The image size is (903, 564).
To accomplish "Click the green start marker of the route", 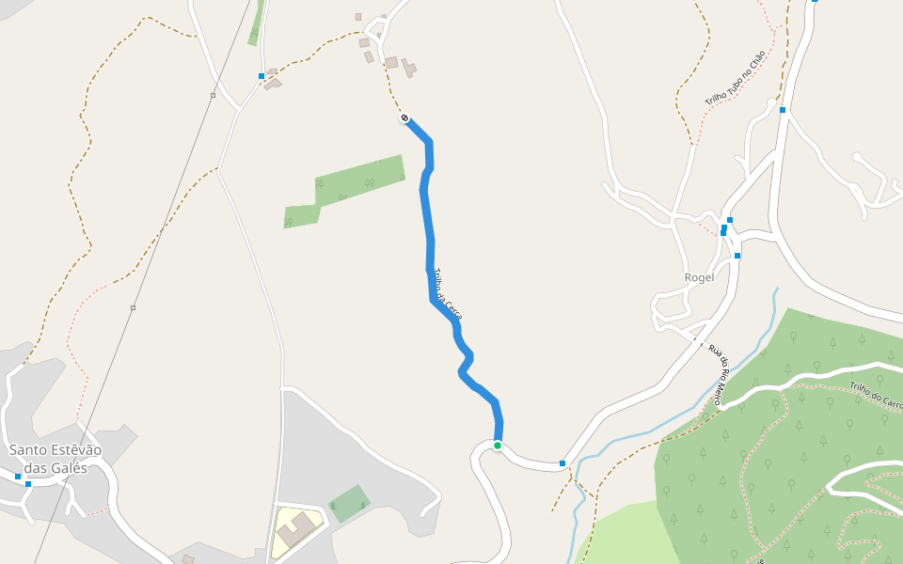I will tap(498, 445).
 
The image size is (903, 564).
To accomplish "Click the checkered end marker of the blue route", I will tap(404, 118).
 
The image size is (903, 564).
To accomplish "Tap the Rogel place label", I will tap(699, 277).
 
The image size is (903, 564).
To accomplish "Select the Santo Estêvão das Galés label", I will tap(55, 459).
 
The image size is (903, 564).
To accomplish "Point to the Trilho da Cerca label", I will tap(448, 295).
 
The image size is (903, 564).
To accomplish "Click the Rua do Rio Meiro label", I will tap(721, 374).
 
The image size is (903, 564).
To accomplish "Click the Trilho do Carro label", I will tap(875, 396).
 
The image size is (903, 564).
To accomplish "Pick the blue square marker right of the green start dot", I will tap(562, 463).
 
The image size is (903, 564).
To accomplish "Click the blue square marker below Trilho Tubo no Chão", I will tap(782, 110).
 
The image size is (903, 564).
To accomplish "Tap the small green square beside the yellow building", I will tap(349, 504).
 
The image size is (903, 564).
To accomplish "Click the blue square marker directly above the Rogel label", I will tap(737, 256).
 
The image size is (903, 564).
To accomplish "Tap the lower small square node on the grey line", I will tap(134, 307).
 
